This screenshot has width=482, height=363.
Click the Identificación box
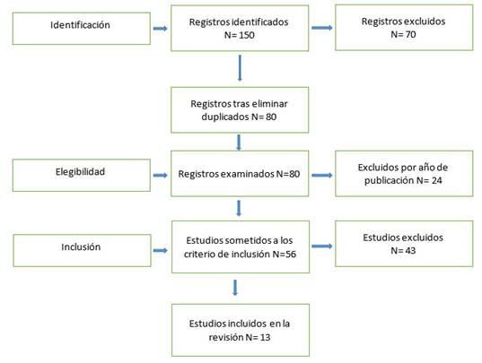point(82,29)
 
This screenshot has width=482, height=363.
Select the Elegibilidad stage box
point(82,175)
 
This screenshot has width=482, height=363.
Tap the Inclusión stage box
point(82,250)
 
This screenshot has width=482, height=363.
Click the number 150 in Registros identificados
point(247,35)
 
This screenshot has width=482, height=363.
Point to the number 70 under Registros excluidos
point(410,34)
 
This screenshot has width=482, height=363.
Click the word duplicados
point(225,117)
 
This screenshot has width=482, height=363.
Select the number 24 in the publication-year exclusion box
point(436,180)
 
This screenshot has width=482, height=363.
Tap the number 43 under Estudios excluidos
point(410,251)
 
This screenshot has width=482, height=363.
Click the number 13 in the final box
point(265,338)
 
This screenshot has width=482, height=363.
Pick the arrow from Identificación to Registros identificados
point(161,29)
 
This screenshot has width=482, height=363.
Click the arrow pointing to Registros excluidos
point(322,28)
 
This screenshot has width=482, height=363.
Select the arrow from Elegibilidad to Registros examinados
point(161,175)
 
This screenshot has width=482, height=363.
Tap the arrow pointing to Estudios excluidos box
point(322,246)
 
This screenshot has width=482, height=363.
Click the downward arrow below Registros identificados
point(240,68)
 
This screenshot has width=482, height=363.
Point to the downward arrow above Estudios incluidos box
point(235,288)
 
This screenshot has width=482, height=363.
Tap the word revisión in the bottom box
point(226,338)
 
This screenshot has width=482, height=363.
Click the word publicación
point(390,181)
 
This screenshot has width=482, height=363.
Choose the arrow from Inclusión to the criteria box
point(161,251)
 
